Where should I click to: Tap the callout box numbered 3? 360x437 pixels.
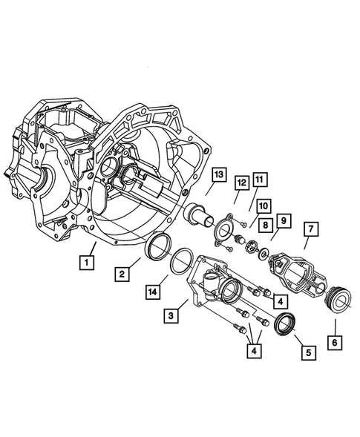click(x=171, y=316)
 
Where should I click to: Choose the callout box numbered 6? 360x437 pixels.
click(x=335, y=343)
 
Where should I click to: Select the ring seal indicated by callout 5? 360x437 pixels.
click(x=285, y=324)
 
